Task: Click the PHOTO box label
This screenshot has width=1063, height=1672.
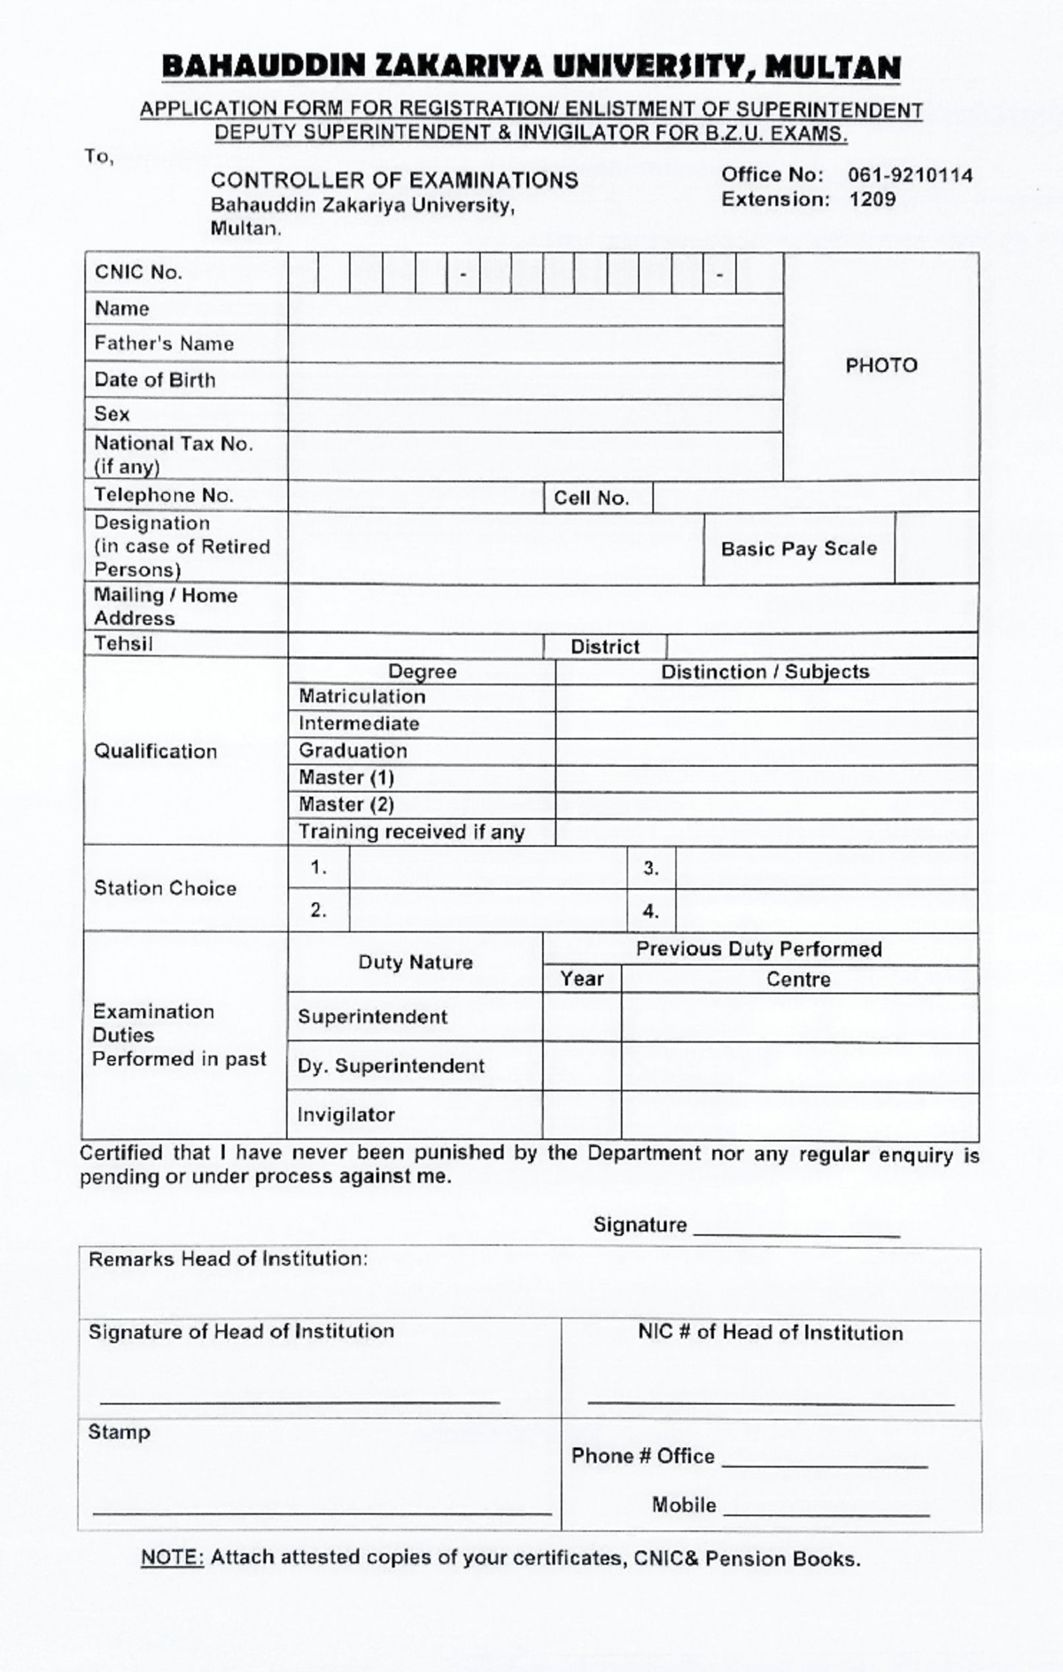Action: click(881, 365)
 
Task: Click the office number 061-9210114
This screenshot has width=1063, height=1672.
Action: click(911, 175)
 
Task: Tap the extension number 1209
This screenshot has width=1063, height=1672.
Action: click(873, 199)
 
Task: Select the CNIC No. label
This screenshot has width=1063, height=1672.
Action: click(138, 273)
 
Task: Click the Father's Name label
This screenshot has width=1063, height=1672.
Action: click(164, 344)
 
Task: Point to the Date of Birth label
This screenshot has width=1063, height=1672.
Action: click(155, 380)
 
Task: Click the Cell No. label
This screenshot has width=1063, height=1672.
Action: click(591, 498)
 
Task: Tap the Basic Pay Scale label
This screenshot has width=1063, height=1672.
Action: click(798, 549)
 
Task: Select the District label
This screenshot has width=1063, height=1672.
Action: click(604, 647)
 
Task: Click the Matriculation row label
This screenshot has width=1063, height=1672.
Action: click(361, 697)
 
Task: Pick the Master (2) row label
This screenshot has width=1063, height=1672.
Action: click(345, 805)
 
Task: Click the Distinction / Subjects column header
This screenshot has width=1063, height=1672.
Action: click(764, 672)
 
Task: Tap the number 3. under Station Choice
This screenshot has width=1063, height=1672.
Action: click(651, 869)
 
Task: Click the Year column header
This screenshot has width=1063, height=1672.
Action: click(581, 979)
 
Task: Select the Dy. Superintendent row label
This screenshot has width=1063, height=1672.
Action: click(391, 1066)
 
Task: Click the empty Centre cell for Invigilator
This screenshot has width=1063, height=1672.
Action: click(799, 1115)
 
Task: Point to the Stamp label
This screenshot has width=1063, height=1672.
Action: click(119, 1432)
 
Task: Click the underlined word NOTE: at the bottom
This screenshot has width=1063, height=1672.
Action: click(173, 1559)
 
